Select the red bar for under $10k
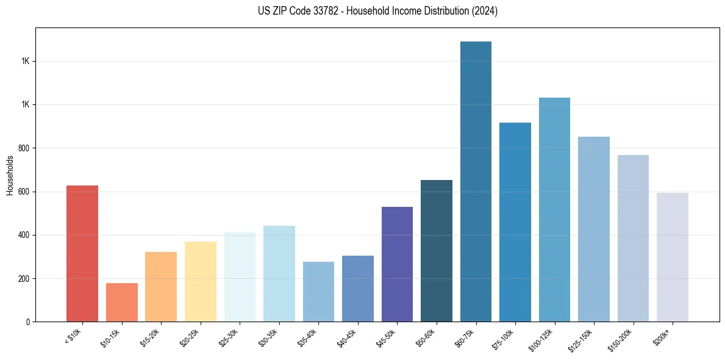tap(82, 253)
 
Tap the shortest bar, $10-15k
tap(121, 302)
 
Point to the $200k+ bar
tap(673, 257)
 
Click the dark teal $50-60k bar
tap(437, 251)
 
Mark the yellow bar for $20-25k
tap(200, 281)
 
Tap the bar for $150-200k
tap(633, 238)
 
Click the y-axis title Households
tap(10, 175)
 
